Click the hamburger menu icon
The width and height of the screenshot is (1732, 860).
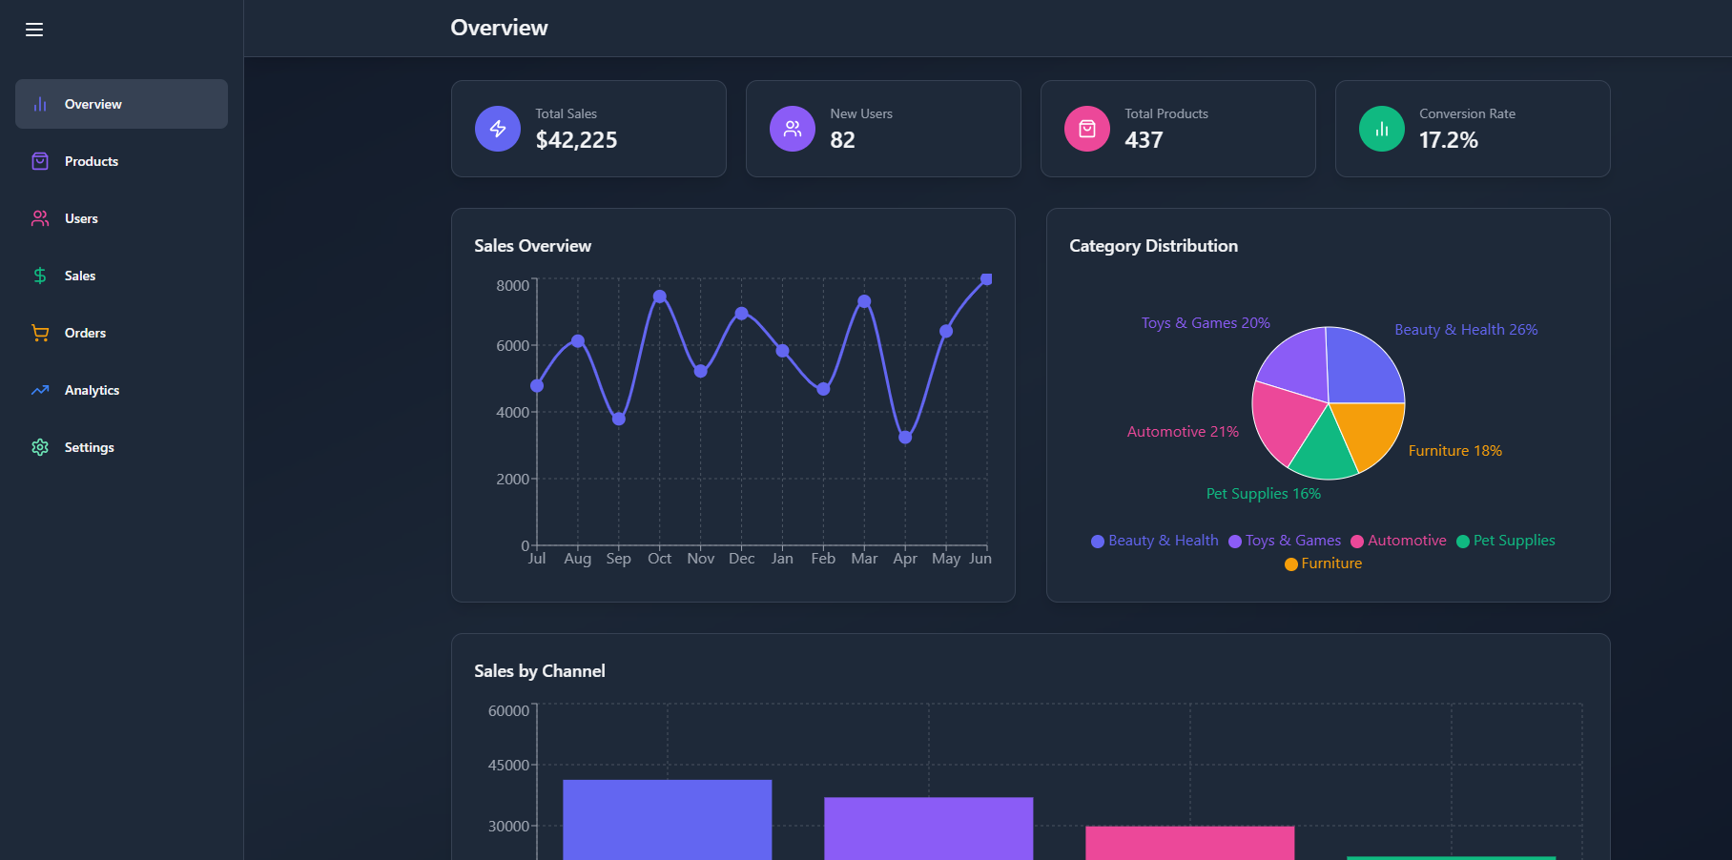tap(34, 30)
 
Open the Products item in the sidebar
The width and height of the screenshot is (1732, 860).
tap(92, 161)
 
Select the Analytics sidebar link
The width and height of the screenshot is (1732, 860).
tap(92, 390)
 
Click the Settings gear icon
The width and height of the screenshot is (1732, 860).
tap(40, 447)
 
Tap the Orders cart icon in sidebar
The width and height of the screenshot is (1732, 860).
tap(40, 333)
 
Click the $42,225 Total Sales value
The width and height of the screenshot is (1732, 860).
tap(576, 140)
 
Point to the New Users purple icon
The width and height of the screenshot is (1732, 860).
tap(793, 129)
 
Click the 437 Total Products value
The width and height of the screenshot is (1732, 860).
tap(1144, 140)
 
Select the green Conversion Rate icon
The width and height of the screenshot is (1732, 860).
tap(1382, 129)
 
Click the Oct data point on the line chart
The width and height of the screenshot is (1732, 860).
tap(659, 297)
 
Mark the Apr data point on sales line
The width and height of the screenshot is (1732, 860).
tap(905, 438)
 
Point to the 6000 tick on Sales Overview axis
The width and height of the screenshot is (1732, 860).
tap(512, 345)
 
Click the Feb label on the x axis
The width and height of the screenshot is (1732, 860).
tap(823, 559)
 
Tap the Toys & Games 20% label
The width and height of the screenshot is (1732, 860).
tap(1206, 323)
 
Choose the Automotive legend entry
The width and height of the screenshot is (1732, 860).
tap(1399, 541)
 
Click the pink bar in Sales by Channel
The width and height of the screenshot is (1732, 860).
tap(1189, 843)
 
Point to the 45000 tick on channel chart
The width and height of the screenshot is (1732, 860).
tap(508, 765)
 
